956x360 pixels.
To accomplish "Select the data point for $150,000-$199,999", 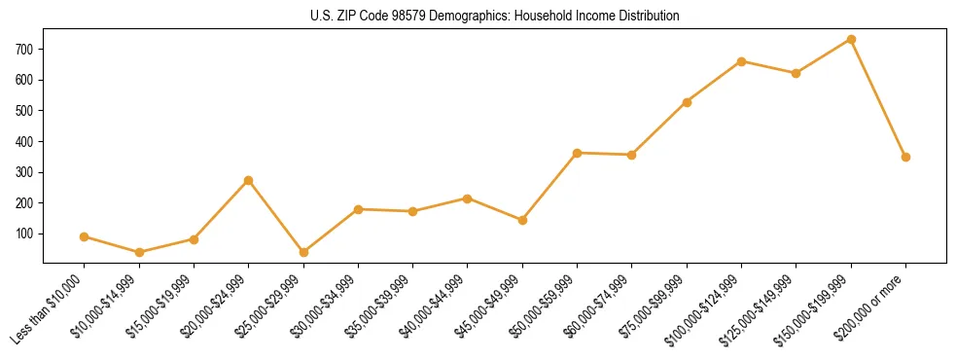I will click(x=851, y=40).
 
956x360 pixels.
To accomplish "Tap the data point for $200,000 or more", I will click(x=905, y=157).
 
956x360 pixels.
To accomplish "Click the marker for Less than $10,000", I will click(x=85, y=236).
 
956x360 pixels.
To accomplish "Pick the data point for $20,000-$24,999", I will click(x=249, y=180).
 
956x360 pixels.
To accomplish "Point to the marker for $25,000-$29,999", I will click(x=303, y=252).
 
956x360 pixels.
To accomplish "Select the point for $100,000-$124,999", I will click(x=741, y=61).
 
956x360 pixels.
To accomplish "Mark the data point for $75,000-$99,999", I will click(x=687, y=102).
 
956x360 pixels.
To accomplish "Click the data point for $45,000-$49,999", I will click(x=522, y=220).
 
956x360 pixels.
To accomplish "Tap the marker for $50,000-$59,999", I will click(x=578, y=153).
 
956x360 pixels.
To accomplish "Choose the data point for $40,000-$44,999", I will click(x=468, y=198).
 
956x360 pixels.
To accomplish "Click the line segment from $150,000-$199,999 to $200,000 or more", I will click(x=878, y=98).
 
